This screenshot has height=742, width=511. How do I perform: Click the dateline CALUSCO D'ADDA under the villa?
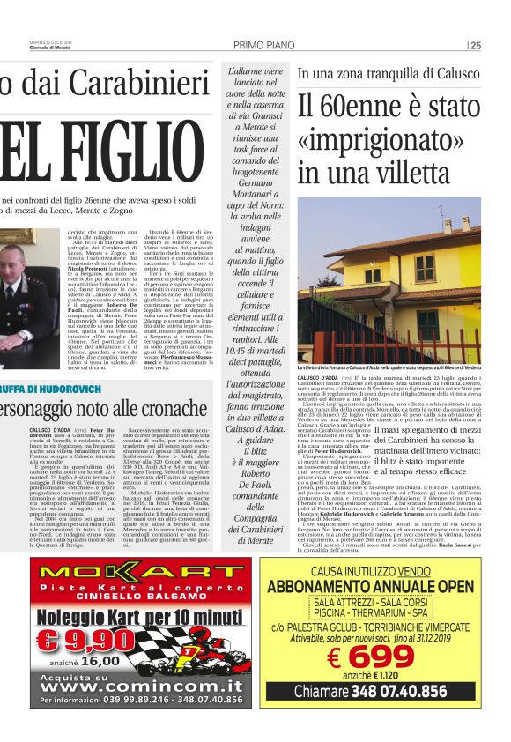317,376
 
